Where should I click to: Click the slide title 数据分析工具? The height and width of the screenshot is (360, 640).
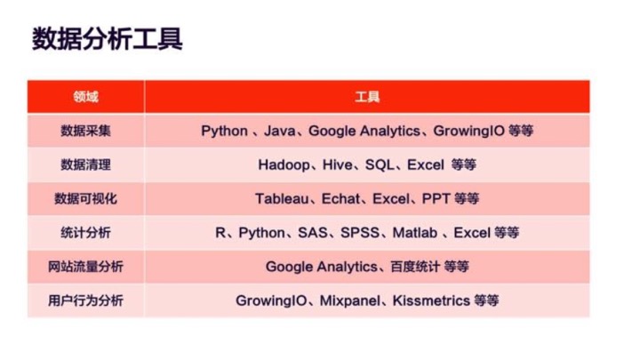[107, 39]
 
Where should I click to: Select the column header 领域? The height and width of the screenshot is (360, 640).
[85, 97]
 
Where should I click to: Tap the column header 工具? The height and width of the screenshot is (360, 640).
[367, 97]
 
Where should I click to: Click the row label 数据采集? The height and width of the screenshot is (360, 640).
[85, 131]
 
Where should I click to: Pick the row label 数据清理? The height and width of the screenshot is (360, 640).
[85, 164]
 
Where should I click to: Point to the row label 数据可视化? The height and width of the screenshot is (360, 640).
[85, 199]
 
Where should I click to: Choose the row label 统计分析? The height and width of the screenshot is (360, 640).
[85, 233]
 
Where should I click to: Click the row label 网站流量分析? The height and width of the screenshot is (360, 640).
[85, 267]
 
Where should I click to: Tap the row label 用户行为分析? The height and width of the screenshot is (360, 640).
[85, 300]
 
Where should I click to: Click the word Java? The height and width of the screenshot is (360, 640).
[280, 131]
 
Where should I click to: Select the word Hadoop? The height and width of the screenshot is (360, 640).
[284, 165]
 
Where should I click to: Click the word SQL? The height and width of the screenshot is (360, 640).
[380, 164]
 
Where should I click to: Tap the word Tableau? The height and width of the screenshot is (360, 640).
[282, 199]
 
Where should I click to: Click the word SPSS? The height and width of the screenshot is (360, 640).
[360, 233]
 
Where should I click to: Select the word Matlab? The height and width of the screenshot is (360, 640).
[415, 233]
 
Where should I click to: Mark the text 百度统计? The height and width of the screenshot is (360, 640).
[415, 267]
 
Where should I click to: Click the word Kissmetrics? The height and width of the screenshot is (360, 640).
[431, 300]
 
